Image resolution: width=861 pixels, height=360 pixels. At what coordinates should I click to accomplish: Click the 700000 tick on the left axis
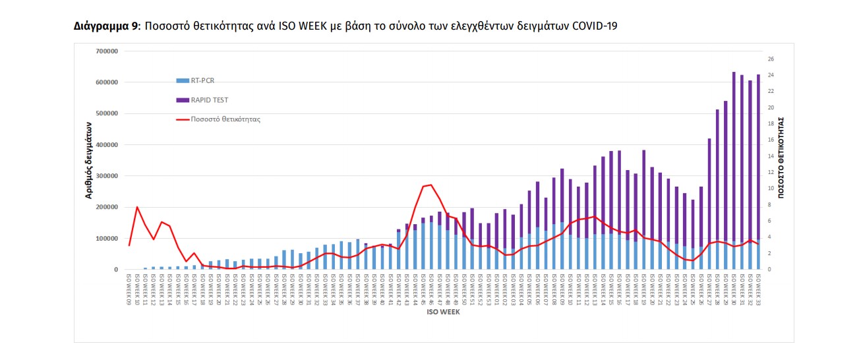(x=106, y=51)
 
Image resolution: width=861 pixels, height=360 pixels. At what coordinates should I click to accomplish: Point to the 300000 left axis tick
(x=106, y=176)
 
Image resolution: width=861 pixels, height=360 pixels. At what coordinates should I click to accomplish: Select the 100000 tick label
(x=106, y=239)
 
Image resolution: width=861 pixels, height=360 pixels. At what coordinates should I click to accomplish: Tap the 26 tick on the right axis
(x=771, y=59)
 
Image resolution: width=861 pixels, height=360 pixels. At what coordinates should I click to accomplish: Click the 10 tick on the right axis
(x=771, y=189)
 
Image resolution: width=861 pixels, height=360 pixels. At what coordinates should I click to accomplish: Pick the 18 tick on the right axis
(x=771, y=124)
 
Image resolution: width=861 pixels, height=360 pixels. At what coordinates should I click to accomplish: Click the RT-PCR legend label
(x=204, y=80)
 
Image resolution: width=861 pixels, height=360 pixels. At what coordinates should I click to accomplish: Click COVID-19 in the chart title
(x=596, y=26)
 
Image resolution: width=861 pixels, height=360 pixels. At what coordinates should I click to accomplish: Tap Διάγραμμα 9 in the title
(x=105, y=26)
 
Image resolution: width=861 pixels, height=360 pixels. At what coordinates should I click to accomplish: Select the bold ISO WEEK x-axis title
(x=443, y=312)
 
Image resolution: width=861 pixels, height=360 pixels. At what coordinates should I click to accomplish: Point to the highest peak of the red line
(x=431, y=185)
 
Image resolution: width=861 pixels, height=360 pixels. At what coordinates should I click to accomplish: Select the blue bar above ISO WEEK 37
(x=357, y=255)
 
